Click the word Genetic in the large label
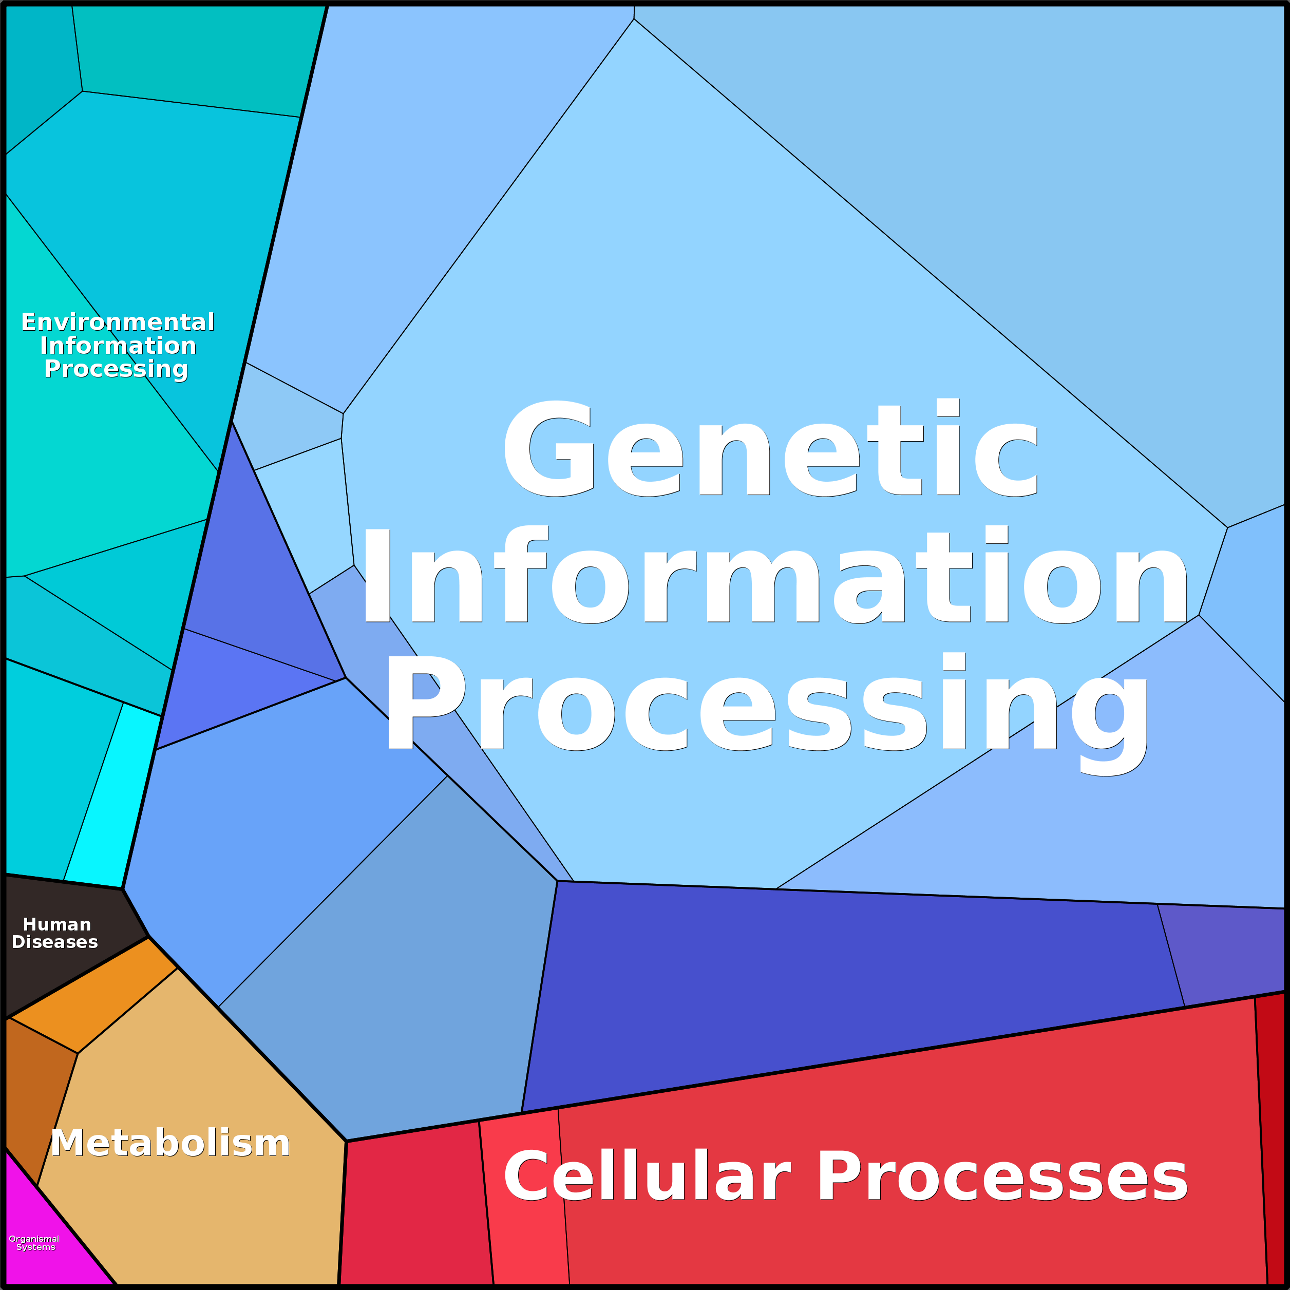(x=771, y=449)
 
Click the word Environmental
(x=118, y=322)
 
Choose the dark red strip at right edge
(x=1270, y=1135)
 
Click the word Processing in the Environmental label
(x=116, y=369)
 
